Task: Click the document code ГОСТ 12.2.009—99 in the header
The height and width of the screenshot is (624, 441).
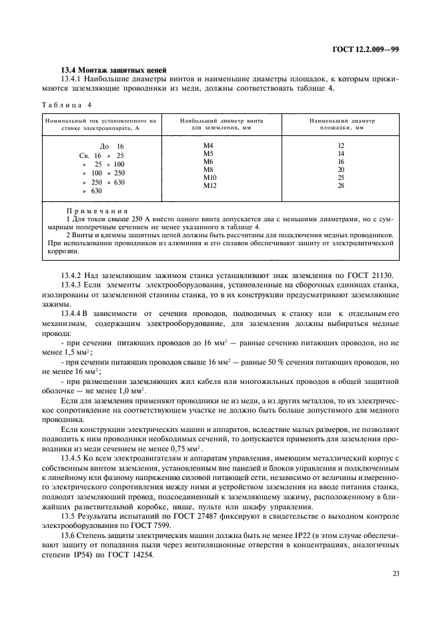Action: tap(366, 49)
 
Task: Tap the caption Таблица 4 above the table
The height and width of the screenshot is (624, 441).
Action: tap(67, 105)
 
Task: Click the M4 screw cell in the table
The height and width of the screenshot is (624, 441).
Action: tap(207, 145)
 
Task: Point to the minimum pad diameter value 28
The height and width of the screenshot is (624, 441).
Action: tap(341, 185)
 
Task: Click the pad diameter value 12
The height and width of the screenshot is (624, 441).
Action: tap(341, 145)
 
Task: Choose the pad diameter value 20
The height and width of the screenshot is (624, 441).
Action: tap(341, 169)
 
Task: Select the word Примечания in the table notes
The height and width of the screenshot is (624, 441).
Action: tap(97, 209)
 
